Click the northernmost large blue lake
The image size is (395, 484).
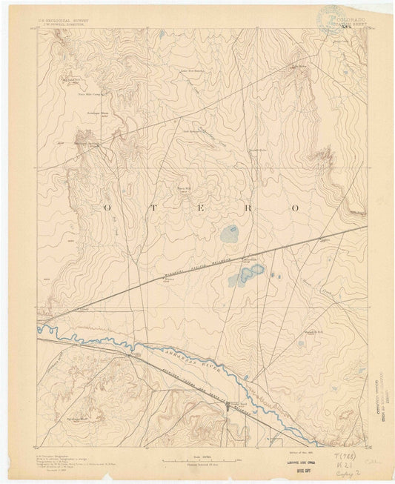pyautogui.click(x=230, y=236)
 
